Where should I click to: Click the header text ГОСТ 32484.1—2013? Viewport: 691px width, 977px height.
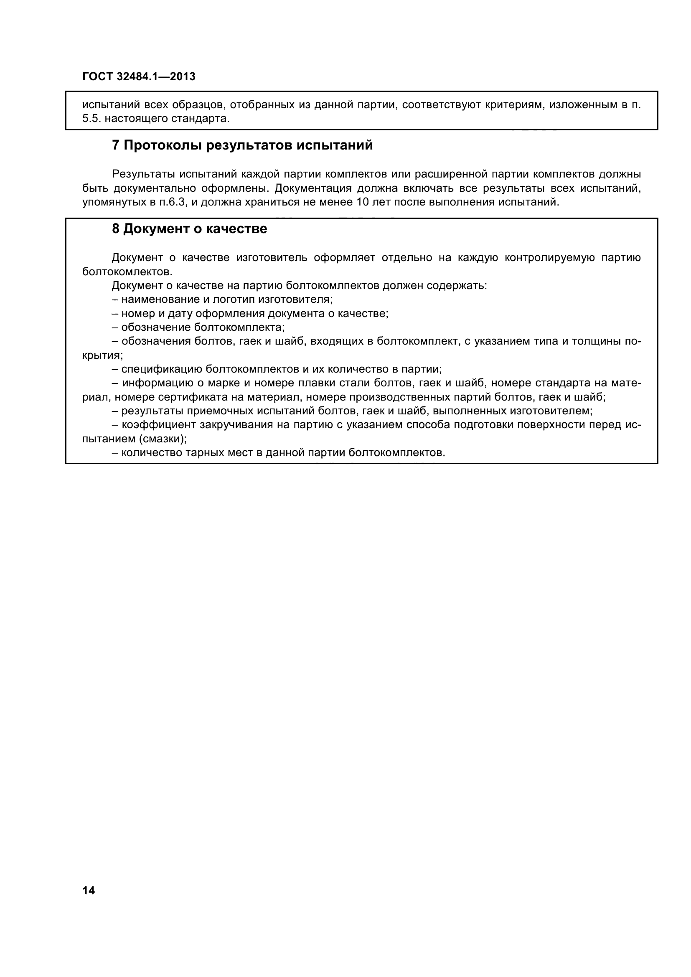point(139,76)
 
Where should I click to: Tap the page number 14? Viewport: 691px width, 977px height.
point(89,890)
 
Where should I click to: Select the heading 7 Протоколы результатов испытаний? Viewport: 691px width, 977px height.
point(242,145)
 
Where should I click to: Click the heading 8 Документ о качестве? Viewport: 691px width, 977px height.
point(189,229)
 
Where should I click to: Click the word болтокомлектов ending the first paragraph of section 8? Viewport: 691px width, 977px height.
point(127,272)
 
